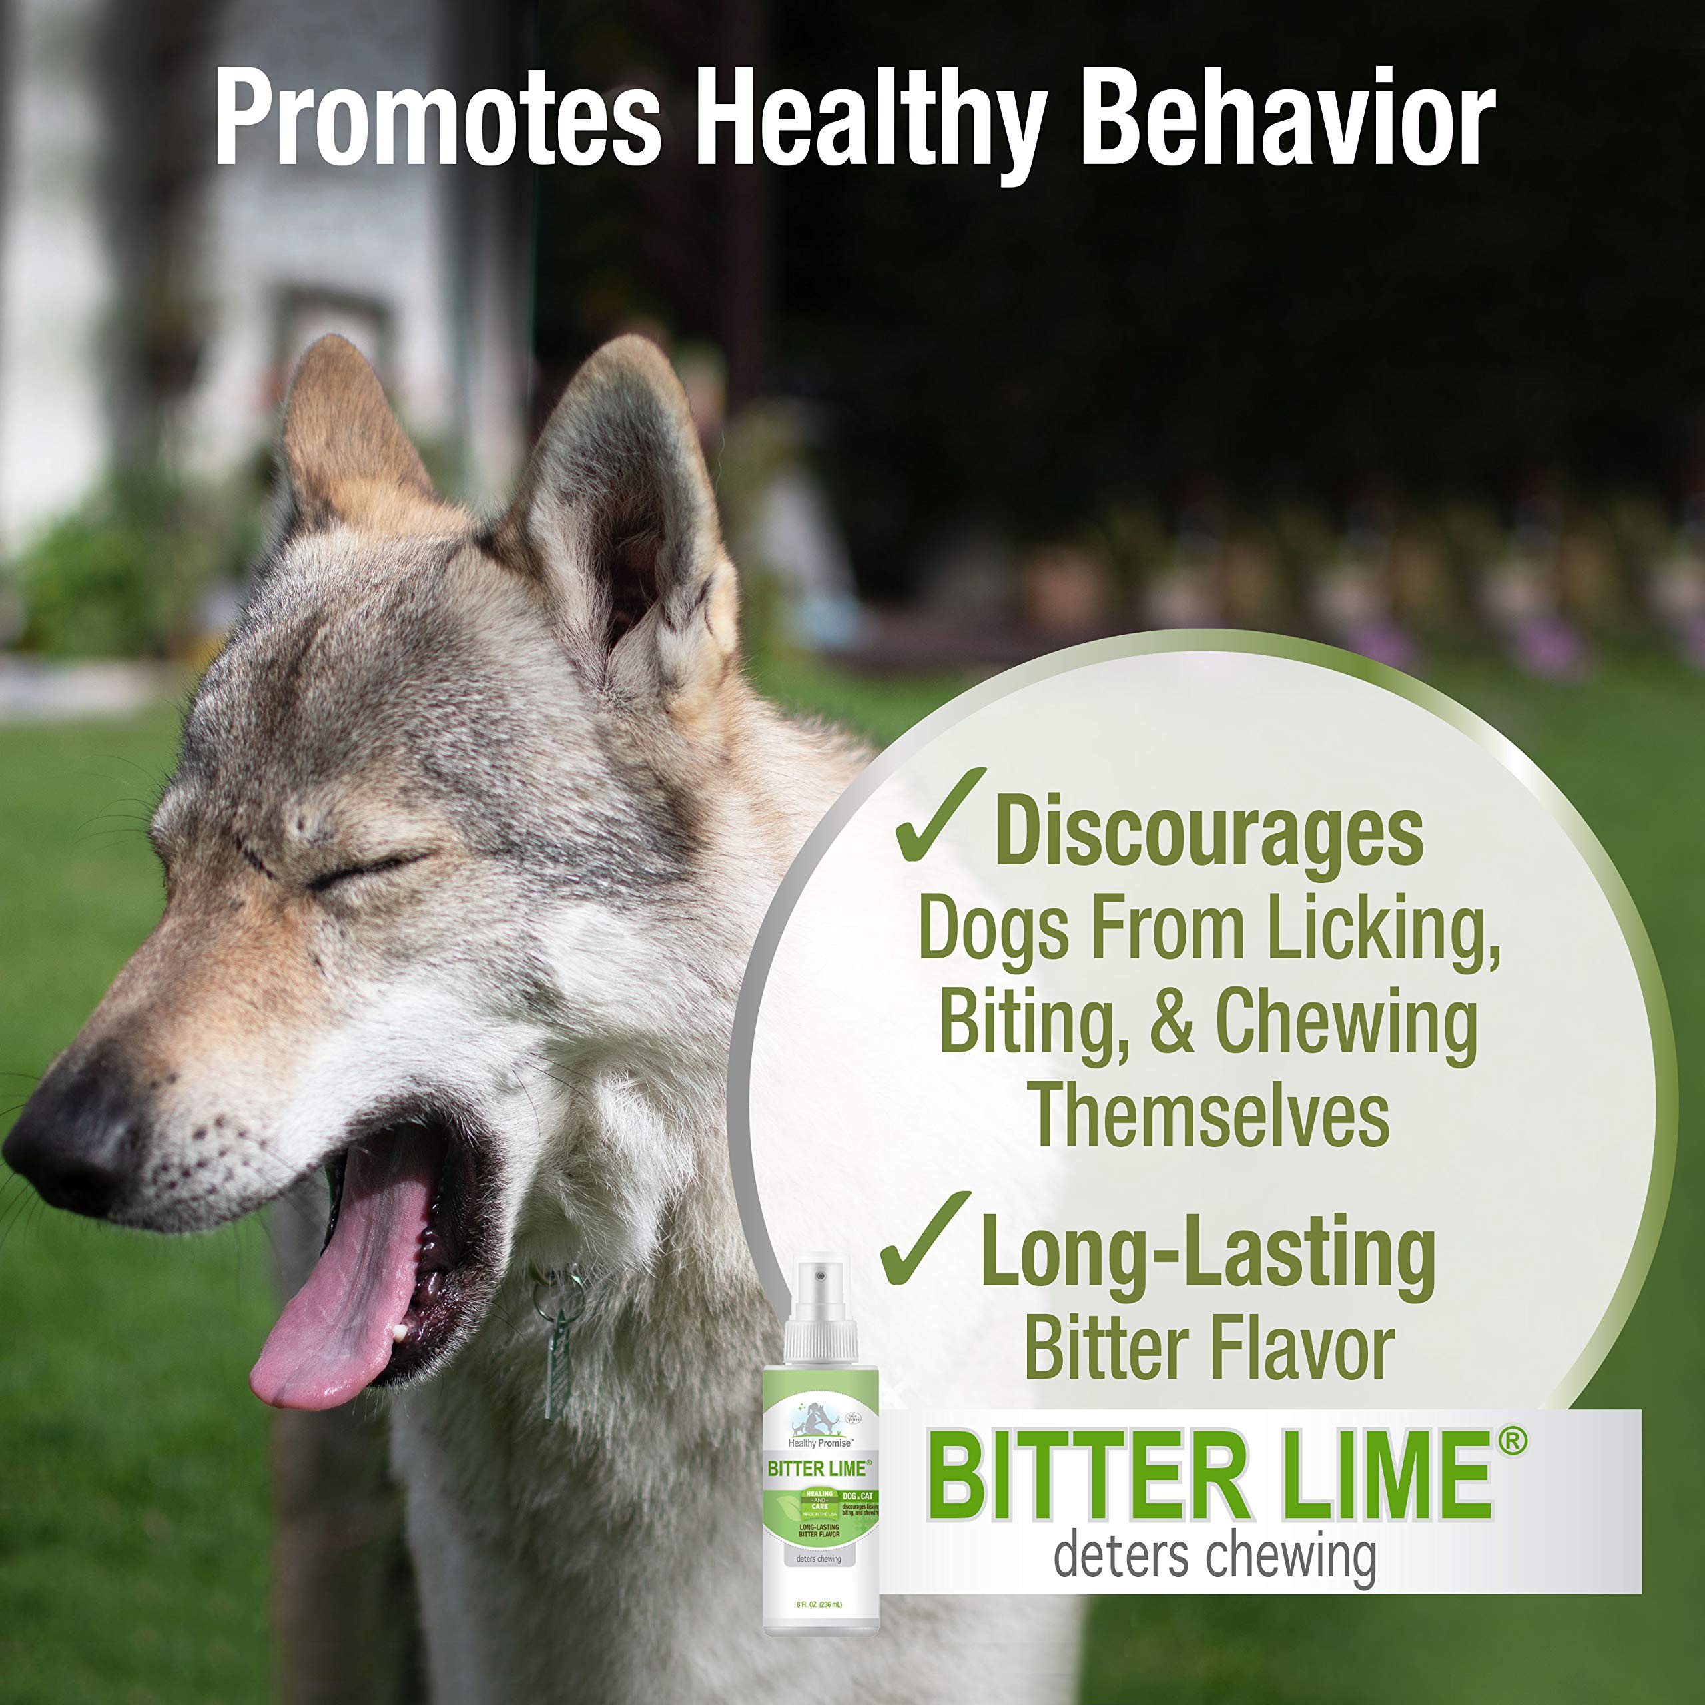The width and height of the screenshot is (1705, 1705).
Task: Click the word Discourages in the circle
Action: (x=1209, y=834)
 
